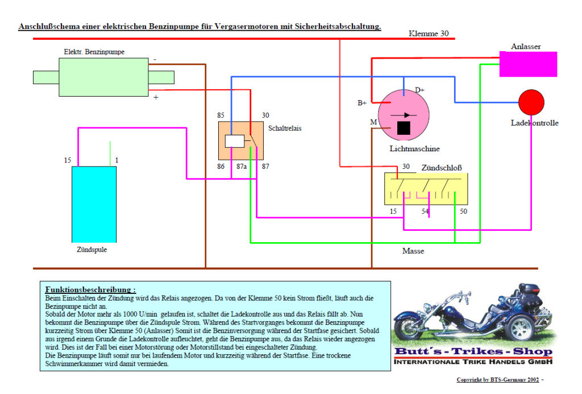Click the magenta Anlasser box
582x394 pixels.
[x=528, y=64]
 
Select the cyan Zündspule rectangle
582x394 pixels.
[x=94, y=204]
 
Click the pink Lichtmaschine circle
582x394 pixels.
[x=403, y=114]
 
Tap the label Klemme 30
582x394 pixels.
[x=429, y=34]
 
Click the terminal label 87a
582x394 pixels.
[x=242, y=167]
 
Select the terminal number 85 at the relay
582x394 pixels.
[x=221, y=115]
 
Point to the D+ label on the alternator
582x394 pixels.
[x=419, y=90]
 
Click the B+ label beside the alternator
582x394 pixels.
[x=361, y=103]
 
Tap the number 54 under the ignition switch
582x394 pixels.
[x=425, y=211]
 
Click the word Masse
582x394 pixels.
[x=413, y=251]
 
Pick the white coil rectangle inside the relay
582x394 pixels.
[x=234, y=140]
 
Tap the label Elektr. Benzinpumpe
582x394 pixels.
[x=94, y=52]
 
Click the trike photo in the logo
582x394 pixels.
[x=471, y=317]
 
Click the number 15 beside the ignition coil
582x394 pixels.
[x=68, y=161]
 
